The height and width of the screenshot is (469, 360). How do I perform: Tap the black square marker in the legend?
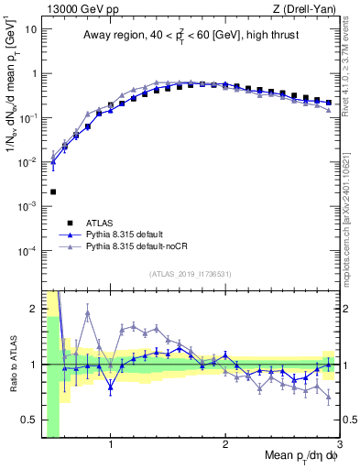pos(70,223)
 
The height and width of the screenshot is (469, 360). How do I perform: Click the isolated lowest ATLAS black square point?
pos(53,191)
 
